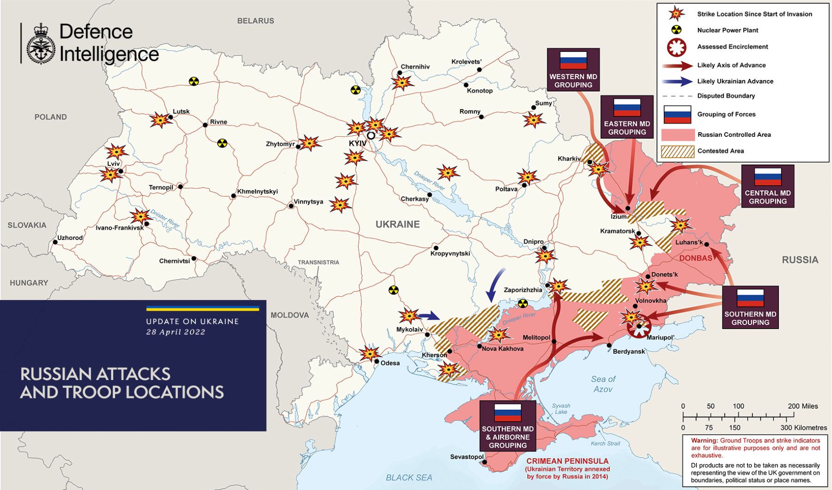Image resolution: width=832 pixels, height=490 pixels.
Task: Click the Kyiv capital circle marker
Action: point(371,135)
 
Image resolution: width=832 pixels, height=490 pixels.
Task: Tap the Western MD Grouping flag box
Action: point(573,69)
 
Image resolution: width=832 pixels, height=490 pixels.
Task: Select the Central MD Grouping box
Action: point(767,186)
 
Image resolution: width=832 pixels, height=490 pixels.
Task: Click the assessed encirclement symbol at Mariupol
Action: point(640,326)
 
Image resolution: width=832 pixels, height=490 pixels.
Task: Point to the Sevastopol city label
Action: point(466,457)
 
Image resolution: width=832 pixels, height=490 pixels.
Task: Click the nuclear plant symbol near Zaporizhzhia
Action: point(522,303)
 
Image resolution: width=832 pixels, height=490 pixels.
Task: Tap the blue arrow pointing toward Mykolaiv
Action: point(430,316)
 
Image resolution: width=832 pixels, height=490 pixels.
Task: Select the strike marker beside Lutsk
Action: point(160,120)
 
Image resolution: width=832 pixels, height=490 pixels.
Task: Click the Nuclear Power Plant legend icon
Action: point(676,30)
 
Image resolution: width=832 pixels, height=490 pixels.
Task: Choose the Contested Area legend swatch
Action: point(678,151)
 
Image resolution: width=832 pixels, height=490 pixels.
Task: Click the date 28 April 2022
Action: point(176,332)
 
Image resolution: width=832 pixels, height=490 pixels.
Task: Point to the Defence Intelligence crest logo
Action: point(41,43)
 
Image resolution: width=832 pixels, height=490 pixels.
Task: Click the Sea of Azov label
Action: point(603,384)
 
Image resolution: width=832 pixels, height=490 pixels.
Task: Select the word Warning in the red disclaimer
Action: point(704,441)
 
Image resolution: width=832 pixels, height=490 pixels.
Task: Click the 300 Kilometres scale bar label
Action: point(803,428)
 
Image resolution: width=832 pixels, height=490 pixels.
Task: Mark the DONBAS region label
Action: point(696,258)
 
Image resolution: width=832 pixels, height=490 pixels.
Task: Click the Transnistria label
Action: point(318,262)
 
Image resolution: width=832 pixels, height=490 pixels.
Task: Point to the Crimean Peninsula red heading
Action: point(567,461)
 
